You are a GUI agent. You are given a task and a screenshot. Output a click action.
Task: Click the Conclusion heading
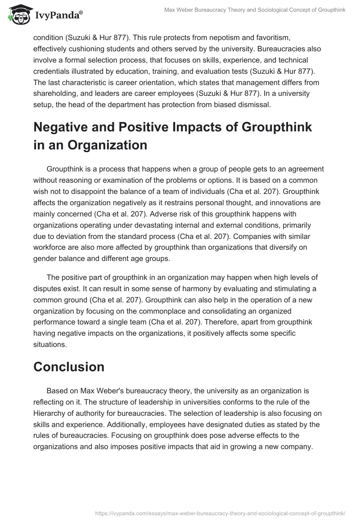(69, 366)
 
